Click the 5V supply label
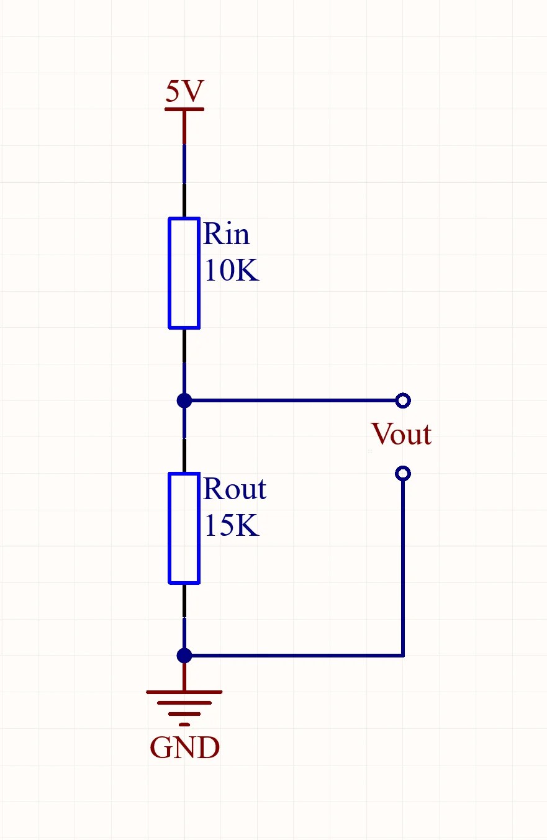point(184,92)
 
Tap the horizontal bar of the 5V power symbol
point(184,110)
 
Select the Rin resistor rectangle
point(184,273)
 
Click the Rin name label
point(226,234)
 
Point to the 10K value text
point(230,271)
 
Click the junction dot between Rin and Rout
point(184,400)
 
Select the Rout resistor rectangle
point(184,528)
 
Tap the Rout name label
point(234,489)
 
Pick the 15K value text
point(230,526)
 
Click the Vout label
point(400,434)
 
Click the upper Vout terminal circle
point(402,400)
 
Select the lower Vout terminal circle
point(402,474)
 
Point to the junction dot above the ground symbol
point(184,656)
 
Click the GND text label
point(184,747)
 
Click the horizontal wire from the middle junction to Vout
point(292,400)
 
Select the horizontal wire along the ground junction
point(292,656)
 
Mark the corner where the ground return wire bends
point(403,656)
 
